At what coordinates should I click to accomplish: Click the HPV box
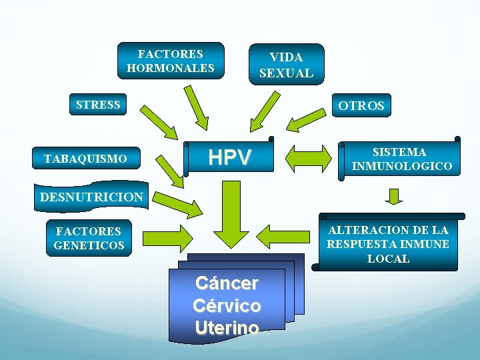coord(230,157)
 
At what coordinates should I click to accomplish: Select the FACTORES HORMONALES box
coord(171,61)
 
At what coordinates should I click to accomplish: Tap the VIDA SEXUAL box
coord(285,65)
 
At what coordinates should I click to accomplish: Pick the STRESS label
coord(98,105)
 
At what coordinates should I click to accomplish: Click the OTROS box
coord(361,106)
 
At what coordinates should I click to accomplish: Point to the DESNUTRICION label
coord(91,197)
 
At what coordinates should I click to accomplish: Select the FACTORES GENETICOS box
coord(89,238)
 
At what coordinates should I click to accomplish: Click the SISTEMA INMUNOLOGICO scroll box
coord(401,159)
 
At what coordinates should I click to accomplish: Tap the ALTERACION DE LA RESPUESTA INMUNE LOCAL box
coord(388,243)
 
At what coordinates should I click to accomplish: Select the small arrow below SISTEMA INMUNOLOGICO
coord(394,196)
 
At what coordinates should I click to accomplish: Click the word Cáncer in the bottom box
coord(227,283)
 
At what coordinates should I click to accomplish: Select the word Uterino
coord(227,327)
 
